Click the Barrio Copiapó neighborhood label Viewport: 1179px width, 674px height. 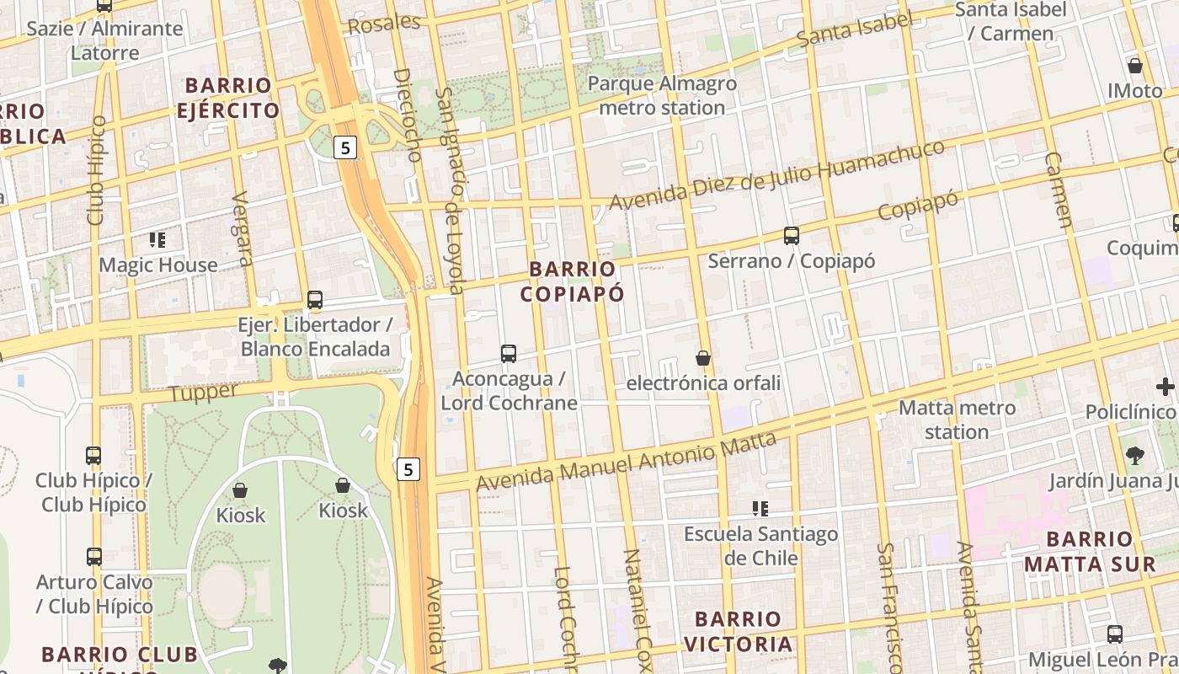point(572,281)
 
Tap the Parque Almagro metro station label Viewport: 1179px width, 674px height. point(661,96)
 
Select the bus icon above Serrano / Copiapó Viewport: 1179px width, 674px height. point(791,236)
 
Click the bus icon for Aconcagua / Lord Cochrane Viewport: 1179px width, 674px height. point(508,353)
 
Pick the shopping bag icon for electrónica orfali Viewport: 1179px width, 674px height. point(703,358)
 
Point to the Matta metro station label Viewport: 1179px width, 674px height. point(957,420)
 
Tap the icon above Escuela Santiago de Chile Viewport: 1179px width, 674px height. point(760,509)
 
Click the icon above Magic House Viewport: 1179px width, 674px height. point(157,240)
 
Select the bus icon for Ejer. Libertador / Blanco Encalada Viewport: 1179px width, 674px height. point(314,299)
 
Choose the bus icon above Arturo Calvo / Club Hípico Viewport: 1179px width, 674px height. point(93,557)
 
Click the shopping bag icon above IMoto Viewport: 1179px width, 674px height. point(1134,66)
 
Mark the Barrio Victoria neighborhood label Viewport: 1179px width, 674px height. point(738,632)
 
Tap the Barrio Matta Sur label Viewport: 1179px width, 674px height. point(1090,552)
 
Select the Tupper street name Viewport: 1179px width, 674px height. point(204,393)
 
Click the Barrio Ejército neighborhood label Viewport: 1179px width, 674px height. point(228,98)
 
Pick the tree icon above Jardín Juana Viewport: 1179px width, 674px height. point(1134,456)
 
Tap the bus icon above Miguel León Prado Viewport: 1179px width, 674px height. point(1114,634)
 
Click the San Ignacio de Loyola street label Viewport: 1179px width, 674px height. point(451,190)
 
